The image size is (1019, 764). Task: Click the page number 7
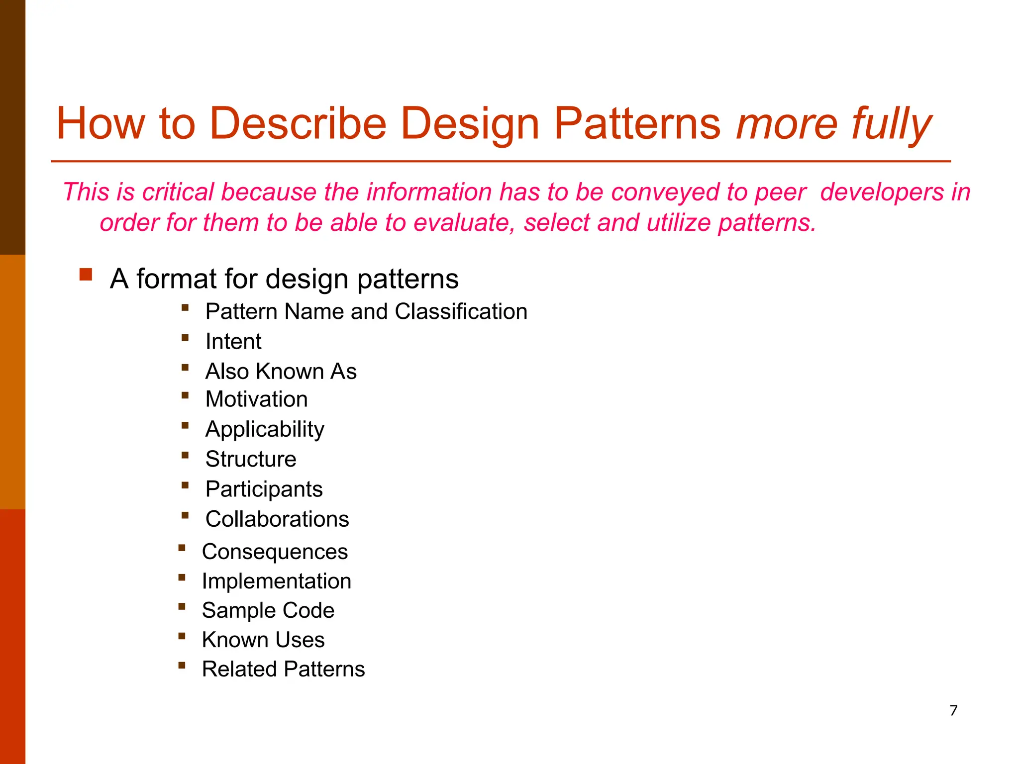[x=953, y=710]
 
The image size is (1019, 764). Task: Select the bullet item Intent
[x=233, y=342]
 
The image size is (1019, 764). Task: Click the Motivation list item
[x=256, y=399]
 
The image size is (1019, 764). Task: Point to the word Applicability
[x=265, y=429]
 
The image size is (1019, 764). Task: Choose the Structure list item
[x=251, y=459]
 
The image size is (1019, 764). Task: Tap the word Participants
[x=264, y=489]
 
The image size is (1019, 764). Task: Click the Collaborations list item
[x=277, y=519]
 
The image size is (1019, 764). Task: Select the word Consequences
[x=275, y=552]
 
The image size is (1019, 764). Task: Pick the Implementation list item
[x=277, y=581]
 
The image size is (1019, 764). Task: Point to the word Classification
[x=461, y=312]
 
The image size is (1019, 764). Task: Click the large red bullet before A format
[x=86, y=275]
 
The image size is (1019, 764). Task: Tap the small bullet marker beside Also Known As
[x=185, y=368]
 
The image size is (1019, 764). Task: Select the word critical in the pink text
[x=178, y=192]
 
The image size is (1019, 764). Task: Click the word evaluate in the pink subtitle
[x=464, y=223]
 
